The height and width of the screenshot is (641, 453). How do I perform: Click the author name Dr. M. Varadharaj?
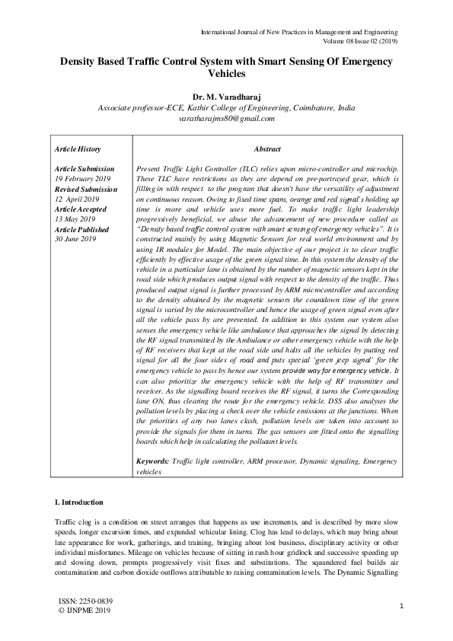click(225, 97)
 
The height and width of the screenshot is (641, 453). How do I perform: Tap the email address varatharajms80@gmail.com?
click(225, 119)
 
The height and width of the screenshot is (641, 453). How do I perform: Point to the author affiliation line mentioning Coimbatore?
click(225, 108)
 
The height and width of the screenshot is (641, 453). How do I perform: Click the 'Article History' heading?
click(78, 149)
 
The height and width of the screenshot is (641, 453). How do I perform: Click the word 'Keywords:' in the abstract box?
click(152, 461)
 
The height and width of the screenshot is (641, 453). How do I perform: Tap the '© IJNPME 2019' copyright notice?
click(84, 611)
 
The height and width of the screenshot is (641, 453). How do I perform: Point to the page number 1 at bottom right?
click(400, 606)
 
